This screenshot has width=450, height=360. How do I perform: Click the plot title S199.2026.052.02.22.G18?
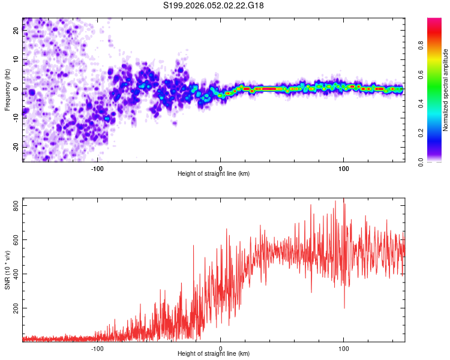click(214, 5)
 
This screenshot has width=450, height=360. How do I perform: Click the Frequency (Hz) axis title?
click(7, 89)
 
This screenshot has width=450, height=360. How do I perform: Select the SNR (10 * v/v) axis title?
click(7, 270)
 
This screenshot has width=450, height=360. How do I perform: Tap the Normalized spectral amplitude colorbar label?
click(445, 90)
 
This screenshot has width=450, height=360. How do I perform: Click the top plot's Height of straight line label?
click(214, 173)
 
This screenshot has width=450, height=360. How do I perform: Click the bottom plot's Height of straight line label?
click(214, 353)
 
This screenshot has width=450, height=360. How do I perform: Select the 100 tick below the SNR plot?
click(343, 347)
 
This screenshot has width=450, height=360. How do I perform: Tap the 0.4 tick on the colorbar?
click(436, 104)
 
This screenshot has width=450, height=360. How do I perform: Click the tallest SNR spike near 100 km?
click(343, 200)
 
